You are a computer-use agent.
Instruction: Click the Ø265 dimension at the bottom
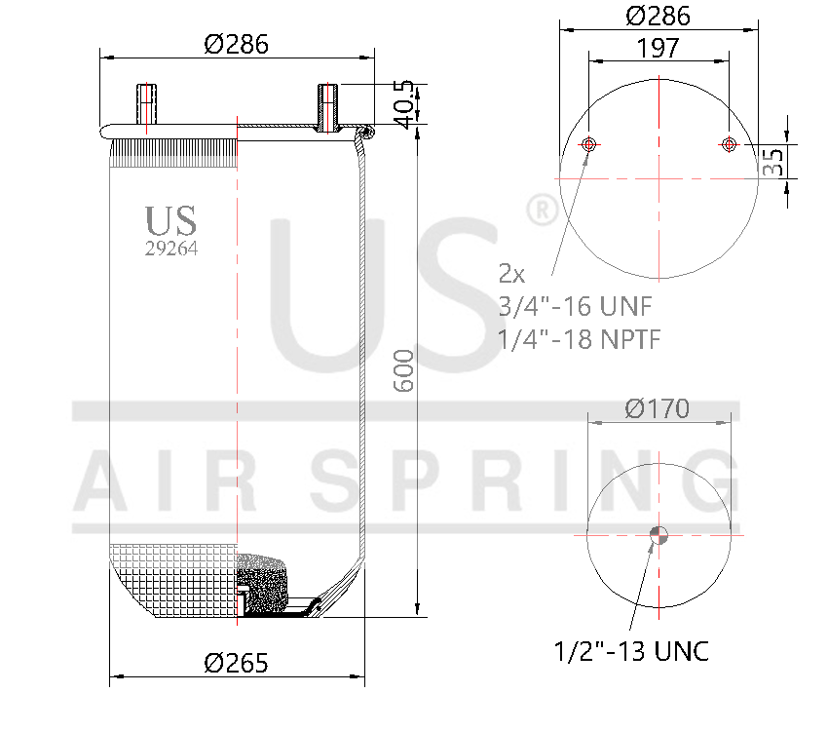[236, 664]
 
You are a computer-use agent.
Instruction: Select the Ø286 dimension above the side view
[236, 44]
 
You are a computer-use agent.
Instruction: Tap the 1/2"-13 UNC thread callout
[631, 650]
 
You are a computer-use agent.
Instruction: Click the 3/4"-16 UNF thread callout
[574, 305]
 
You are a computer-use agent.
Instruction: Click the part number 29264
[171, 249]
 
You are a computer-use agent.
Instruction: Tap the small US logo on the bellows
[170, 220]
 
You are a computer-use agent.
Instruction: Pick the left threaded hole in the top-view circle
[588, 145]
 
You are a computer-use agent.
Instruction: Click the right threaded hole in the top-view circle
[728, 145]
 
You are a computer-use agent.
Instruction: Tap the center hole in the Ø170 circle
[659, 533]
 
